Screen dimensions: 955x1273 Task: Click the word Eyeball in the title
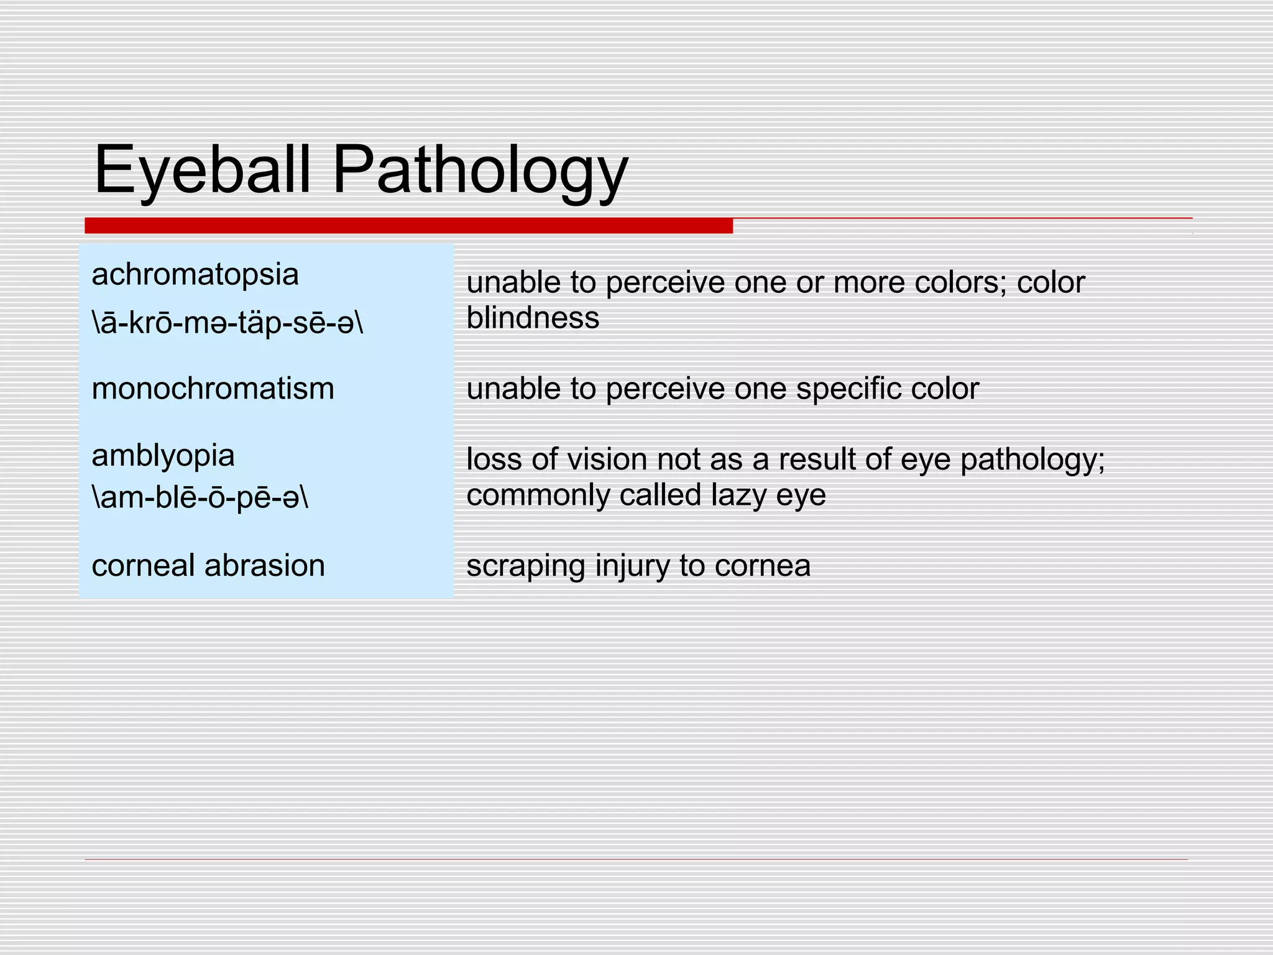[x=202, y=169]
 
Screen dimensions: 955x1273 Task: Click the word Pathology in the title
[x=480, y=169]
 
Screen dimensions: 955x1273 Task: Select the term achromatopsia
[x=195, y=274]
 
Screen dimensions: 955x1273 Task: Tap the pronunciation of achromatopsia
[x=227, y=323]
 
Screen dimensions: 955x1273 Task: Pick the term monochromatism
[x=213, y=389]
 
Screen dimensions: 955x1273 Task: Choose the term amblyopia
[x=163, y=455]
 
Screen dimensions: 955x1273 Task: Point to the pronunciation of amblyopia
[x=200, y=497]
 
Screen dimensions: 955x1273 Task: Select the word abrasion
[x=265, y=565]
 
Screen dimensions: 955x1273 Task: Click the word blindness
[x=533, y=318]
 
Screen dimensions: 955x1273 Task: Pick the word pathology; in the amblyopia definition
[x=1032, y=460]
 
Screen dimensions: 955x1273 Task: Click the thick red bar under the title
[x=408, y=226]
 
